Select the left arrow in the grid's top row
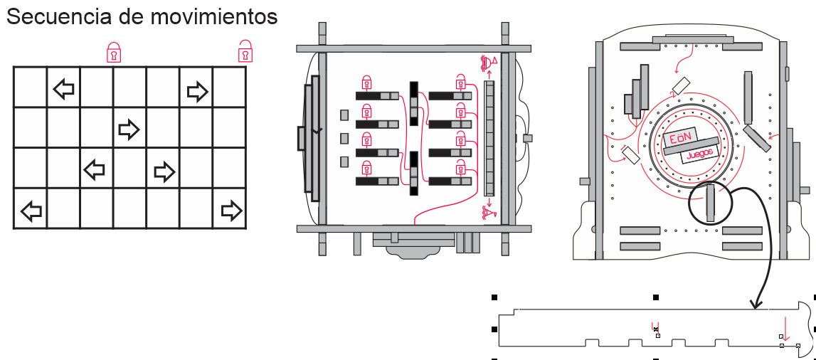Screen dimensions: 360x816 point(64,89)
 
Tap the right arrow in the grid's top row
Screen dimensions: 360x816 point(197,90)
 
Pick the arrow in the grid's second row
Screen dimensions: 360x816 point(128,129)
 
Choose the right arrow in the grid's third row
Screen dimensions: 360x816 point(164,171)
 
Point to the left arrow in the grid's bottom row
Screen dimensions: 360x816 point(31,211)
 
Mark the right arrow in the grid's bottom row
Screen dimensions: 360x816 point(231,210)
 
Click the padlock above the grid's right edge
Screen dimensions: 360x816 point(245,52)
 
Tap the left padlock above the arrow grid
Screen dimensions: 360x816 point(114,53)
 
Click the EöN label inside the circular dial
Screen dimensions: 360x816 point(680,139)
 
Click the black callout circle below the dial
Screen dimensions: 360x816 point(710,203)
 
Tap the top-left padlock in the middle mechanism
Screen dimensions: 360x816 point(367,83)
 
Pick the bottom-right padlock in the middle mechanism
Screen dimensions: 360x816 point(461,168)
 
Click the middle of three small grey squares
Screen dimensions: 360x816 point(344,138)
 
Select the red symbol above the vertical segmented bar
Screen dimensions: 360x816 point(489,63)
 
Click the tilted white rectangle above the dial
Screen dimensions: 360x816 point(682,85)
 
